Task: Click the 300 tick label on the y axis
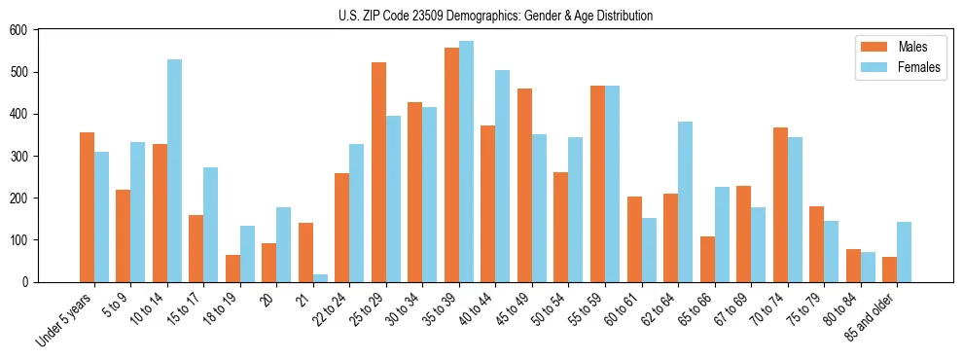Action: (19, 156)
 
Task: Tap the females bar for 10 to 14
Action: (174, 171)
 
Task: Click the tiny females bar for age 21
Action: (320, 278)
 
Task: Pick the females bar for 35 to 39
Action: (466, 162)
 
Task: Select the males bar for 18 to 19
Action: (232, 269)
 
